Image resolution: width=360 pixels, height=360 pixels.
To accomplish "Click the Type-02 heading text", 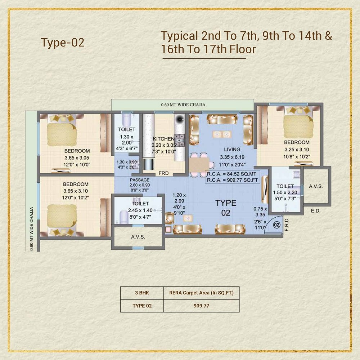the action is click(x=62, y=43).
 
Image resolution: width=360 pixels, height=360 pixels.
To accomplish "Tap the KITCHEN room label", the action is click(x=163, y=139).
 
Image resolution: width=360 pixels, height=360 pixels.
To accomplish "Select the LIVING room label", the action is click(x=232, y=150).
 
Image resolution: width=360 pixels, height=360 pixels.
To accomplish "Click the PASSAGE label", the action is click(x=140, y=180).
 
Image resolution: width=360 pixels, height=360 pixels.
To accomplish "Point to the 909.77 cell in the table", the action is click(x=201, y=306).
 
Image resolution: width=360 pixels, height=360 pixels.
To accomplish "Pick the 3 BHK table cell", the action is click(x=142, y=293).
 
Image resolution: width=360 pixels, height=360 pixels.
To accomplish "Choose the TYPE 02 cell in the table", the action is click(x=142, y=306).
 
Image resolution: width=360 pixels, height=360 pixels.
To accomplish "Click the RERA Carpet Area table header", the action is click(x=201, y=293).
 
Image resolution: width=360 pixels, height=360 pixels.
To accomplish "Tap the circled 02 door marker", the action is click(x=276, y=225).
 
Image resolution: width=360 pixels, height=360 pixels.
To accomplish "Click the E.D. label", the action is click(x=316, y=211).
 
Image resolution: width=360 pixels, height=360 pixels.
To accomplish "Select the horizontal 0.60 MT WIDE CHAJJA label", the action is click(x=183, y=105).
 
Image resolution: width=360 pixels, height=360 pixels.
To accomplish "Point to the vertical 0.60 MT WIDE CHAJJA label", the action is click(x=32, y=229).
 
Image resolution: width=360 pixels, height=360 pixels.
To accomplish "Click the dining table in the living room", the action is click(x=199, y=165).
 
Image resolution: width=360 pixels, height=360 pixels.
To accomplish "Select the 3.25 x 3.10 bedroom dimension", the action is click(x=297, y=150).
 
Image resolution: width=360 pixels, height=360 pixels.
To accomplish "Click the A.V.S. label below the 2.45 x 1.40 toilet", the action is click(x=138, y=237).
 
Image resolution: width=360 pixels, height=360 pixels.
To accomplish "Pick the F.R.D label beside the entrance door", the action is click(x=286, y=225).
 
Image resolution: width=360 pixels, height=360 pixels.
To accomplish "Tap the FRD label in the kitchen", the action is click(x=163, y=173).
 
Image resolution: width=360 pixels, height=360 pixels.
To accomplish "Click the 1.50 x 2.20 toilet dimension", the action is click(x=285, y=192).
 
